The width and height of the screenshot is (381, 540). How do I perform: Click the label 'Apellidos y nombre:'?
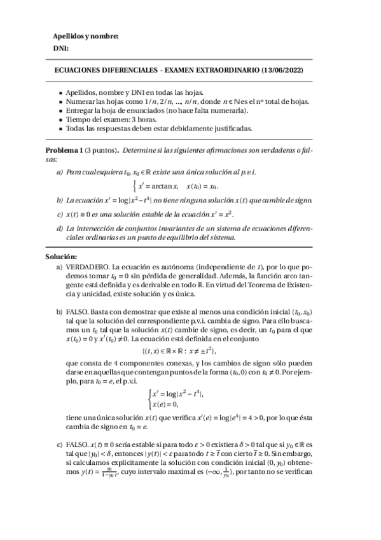pos(85,36)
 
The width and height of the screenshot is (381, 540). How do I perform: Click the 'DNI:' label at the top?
pos(60,49)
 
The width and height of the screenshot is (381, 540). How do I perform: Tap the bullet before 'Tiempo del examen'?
pos(59,119)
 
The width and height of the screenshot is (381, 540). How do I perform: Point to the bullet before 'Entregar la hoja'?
pos(59,110)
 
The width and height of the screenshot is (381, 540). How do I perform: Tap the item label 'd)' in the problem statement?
pos(60,228)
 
